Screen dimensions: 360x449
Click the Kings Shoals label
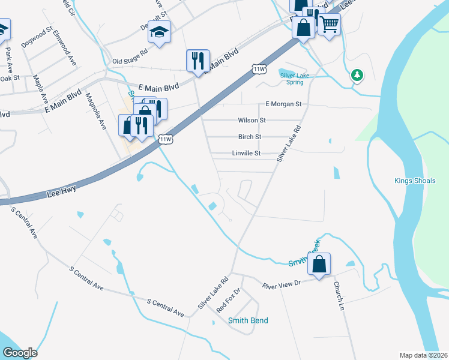coord(415,181)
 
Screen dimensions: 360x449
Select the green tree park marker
coord(358,75)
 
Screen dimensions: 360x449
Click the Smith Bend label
coord(248,320)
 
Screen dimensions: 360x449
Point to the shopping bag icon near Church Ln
coord(319,263)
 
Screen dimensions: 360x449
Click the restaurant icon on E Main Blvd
coord(198,60)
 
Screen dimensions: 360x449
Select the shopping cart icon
coord(329,25)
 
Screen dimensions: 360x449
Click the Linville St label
coord(246,154)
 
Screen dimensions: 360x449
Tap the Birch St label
coord(250,137)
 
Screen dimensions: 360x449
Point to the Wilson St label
coord(252,121)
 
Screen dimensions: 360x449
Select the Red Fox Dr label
coord(228,300)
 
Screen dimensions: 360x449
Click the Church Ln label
coord(339,296)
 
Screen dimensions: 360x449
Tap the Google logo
coord(20,353)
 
